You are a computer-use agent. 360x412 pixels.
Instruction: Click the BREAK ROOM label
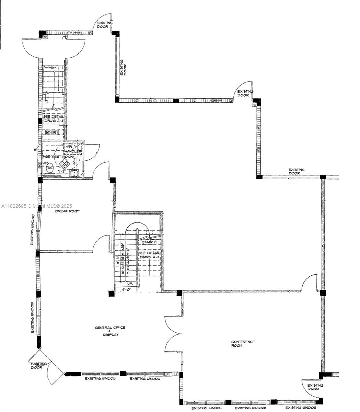[68, 211]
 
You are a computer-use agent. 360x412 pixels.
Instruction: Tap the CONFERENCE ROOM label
[243, 344]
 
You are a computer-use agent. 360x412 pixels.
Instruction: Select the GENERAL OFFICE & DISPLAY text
[110, 331]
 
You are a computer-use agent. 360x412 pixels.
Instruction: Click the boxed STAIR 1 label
[52, 132]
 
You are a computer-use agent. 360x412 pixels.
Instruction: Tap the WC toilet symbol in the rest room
[50, 168]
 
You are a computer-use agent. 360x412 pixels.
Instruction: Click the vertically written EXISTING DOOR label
[123, 68]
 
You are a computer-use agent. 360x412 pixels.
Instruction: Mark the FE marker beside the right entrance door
[255, 104]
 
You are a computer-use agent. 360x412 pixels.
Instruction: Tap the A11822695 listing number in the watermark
[14, 206]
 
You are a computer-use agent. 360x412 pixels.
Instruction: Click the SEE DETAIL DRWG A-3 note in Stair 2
[149, 255]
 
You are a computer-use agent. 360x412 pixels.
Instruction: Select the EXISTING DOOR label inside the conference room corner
[315, 387]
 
